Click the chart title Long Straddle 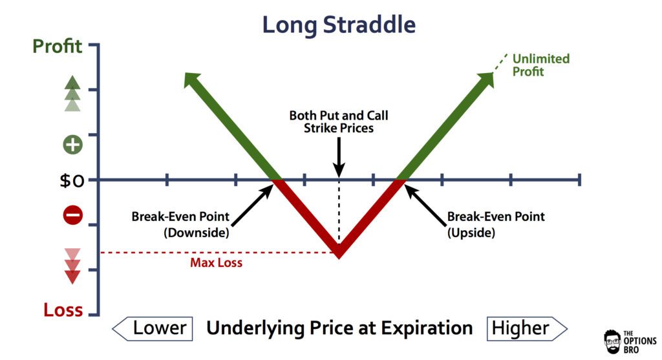339,25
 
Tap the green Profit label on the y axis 58,46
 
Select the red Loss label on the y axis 63,310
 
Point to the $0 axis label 72,180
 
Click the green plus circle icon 72,145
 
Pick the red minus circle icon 72,215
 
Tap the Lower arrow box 153,328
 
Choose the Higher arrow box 527,328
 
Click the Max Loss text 216,262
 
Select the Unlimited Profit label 541,65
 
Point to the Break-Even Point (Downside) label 180,224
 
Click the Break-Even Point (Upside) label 496,224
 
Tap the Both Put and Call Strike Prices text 339,122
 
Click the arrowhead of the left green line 191,79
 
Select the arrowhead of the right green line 486,79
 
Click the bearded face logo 613,342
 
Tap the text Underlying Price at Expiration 339,328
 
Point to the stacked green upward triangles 72,94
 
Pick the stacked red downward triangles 72,266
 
